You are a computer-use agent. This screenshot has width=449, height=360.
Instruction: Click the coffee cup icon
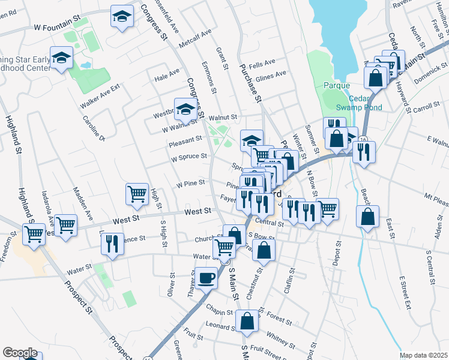206,277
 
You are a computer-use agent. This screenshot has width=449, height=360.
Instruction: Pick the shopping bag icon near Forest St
247,321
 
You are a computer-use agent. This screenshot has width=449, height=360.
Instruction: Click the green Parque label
336,85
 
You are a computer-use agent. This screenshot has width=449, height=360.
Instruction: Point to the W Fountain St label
58,27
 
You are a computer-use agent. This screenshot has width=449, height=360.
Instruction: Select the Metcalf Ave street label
196,38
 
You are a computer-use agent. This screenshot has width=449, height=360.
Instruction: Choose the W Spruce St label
188,157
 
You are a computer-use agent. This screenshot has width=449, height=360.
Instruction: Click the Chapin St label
218,313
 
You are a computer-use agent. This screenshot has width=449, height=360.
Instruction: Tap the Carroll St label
426,106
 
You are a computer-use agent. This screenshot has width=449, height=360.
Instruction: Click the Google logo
20,353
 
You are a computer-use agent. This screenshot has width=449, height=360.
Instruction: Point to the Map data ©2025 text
423,355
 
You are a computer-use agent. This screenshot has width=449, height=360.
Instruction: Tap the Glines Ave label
271,75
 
